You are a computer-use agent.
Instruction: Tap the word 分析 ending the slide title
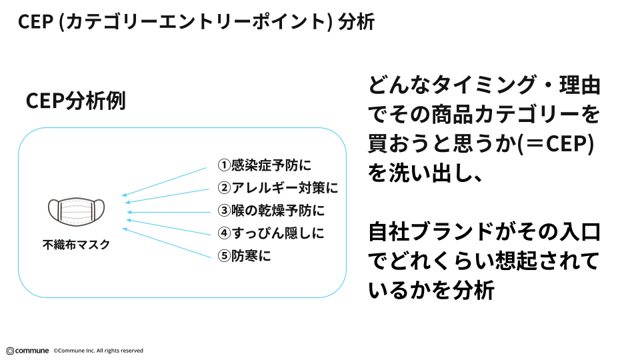click(357, 22)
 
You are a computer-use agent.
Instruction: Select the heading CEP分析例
click(75, 101)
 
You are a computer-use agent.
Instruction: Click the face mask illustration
click(77, 210)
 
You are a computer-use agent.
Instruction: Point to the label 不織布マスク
click(77, 245)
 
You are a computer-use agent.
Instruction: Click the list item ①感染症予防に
click(265, 165)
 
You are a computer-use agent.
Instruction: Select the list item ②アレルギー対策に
click(278, 188)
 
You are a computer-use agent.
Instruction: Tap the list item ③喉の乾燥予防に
click(271, 211)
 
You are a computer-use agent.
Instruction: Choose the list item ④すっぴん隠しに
click(271, 233)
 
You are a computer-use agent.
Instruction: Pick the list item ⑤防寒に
click(245, 255)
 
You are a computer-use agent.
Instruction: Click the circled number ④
click(225, 233)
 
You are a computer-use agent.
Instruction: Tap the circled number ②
click(225, 188)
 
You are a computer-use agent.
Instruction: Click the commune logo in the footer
click(27, 351)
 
